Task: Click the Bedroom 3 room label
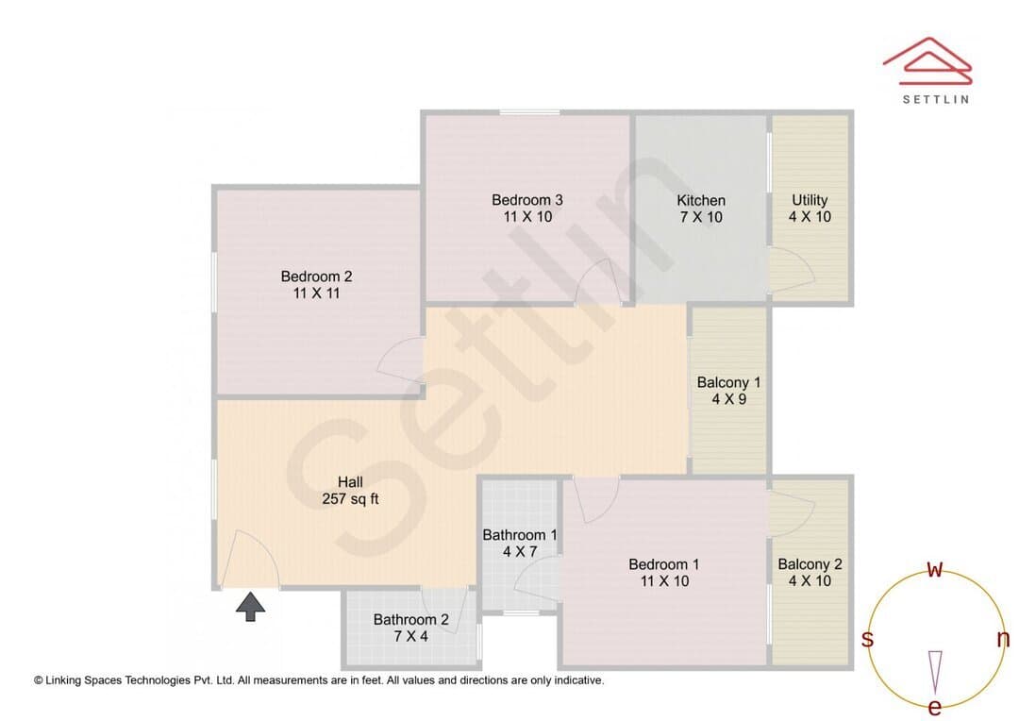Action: click(527, 208)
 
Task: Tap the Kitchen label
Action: click(701, 209)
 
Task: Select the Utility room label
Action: click(810, 208)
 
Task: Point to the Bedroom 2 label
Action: click(316, 285)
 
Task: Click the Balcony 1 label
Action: click(728, 391)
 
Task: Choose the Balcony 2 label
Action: click(810, 573)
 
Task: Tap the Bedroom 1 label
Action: click(664, 573)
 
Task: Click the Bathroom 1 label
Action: click(519, 544)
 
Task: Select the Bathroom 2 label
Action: click(410, 628)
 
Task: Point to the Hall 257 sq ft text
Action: click(350, 491)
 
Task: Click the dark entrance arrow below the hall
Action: click(250, 606)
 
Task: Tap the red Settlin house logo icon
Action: click(927, 61)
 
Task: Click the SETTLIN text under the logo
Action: click(936, 99)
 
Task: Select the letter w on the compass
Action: click(934, 569)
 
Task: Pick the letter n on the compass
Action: click(1003, 639)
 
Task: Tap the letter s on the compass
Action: click(867, 639)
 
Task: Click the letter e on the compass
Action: click(934, 707)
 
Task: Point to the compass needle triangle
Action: click(935, 672)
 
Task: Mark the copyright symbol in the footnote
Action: click(39, 680)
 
